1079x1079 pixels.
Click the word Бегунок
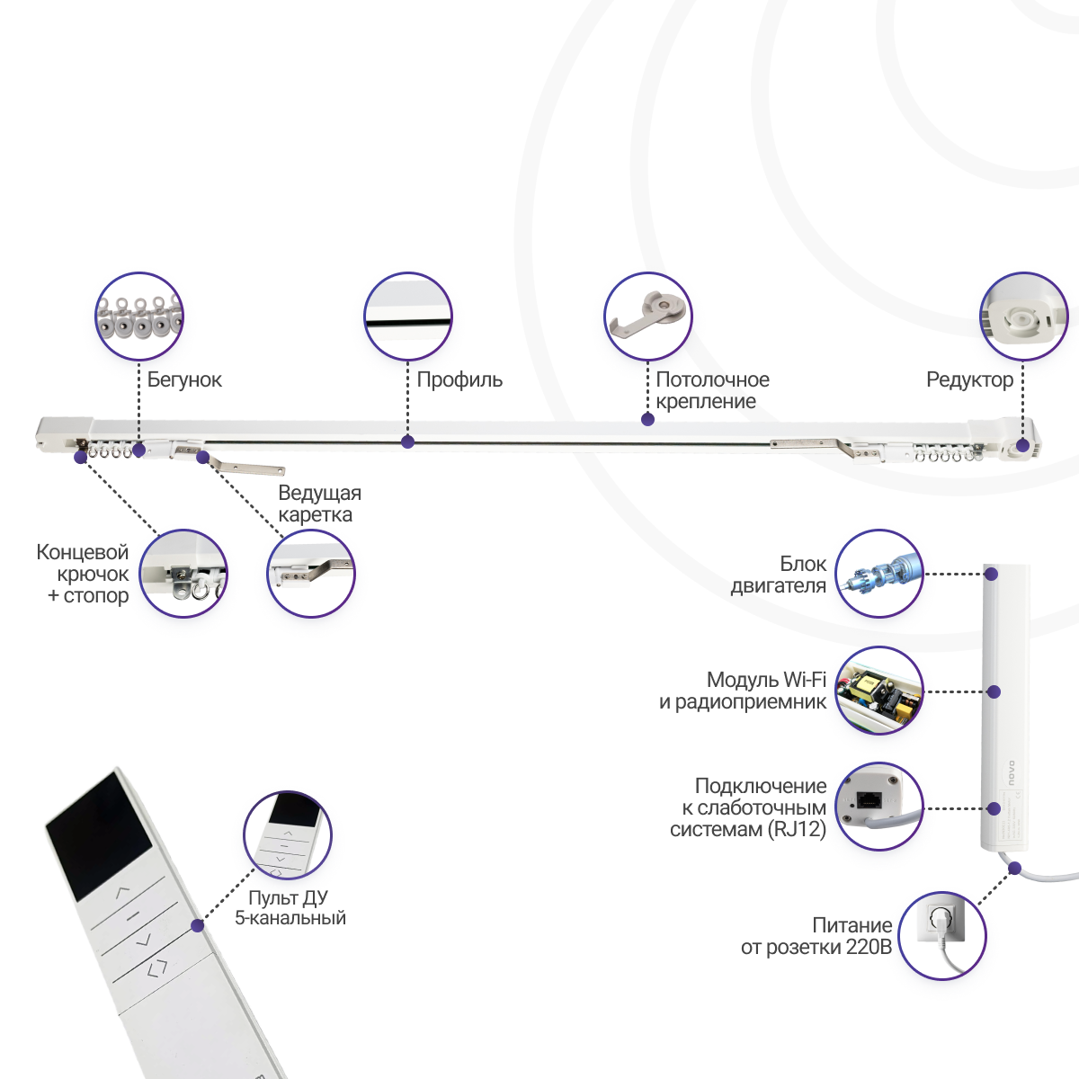click(x=184, y=379)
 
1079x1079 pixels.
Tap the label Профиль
click(x=459, y=379)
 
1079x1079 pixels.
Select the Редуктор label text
click(x=970, y=379)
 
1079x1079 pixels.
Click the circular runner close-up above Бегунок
click(x=139, y=317)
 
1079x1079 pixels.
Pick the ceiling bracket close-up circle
click(x=647, y=317)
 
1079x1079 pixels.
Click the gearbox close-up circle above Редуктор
click(x=1023, y=317)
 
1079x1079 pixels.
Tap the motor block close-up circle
click(x=879, y=574)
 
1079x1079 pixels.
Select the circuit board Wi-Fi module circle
click(x=879, y=691)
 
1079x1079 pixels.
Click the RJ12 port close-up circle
click(x=879, y=807)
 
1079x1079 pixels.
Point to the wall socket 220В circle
click(x=942, y=936)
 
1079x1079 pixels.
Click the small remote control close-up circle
click(x=288, y=834)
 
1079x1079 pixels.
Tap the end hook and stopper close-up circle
click(x=183, y=574)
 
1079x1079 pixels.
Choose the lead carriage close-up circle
click(x=311, y=574)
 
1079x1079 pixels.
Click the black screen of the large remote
click(x=99, y=837)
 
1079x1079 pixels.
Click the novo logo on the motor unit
click(x=1010, y=772)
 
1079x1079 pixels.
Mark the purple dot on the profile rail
click(x=407, y=441)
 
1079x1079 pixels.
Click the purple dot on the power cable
click(x=1014, y=869)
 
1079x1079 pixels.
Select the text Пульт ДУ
click(x=288, y=897)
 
